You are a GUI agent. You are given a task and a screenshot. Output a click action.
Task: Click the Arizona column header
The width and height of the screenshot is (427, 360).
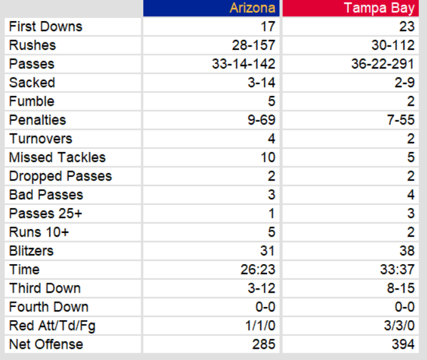click(252, 8)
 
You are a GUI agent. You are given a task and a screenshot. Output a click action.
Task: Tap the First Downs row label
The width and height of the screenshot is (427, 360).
click(45, 27)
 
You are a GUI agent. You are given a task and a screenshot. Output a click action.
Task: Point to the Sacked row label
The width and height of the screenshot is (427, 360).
click(32, 83)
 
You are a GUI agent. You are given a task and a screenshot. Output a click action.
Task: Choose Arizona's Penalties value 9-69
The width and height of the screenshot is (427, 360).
click(261, 120)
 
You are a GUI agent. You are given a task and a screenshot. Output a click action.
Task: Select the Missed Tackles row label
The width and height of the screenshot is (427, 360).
click(57, 158)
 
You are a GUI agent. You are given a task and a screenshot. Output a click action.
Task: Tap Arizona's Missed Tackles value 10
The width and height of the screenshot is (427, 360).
click(268, 158)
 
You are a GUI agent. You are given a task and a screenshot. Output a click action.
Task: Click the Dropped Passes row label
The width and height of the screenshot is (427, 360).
click(60, 176)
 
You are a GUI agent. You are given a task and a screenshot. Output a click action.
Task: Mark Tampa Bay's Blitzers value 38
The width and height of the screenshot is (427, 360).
click(406, 251)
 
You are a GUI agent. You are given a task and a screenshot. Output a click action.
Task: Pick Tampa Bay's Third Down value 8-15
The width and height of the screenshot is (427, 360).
click(400, 288)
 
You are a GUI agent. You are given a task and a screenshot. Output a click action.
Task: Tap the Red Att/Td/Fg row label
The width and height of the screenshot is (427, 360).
click(52, 326)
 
